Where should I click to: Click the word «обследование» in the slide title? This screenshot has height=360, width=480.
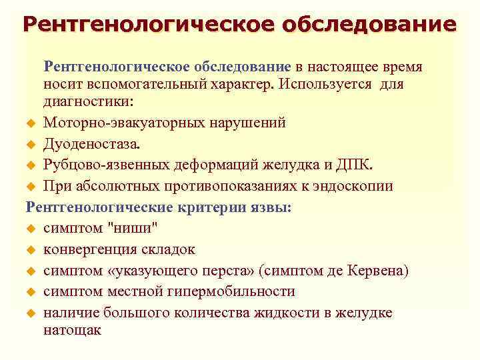[369, 25]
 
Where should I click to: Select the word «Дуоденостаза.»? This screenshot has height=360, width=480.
[93, 143]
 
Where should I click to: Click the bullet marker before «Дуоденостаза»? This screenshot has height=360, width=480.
[29, 144]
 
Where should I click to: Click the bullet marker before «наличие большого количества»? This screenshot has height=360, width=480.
[29, 313]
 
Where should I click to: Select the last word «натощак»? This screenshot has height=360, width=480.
[72, 330]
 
